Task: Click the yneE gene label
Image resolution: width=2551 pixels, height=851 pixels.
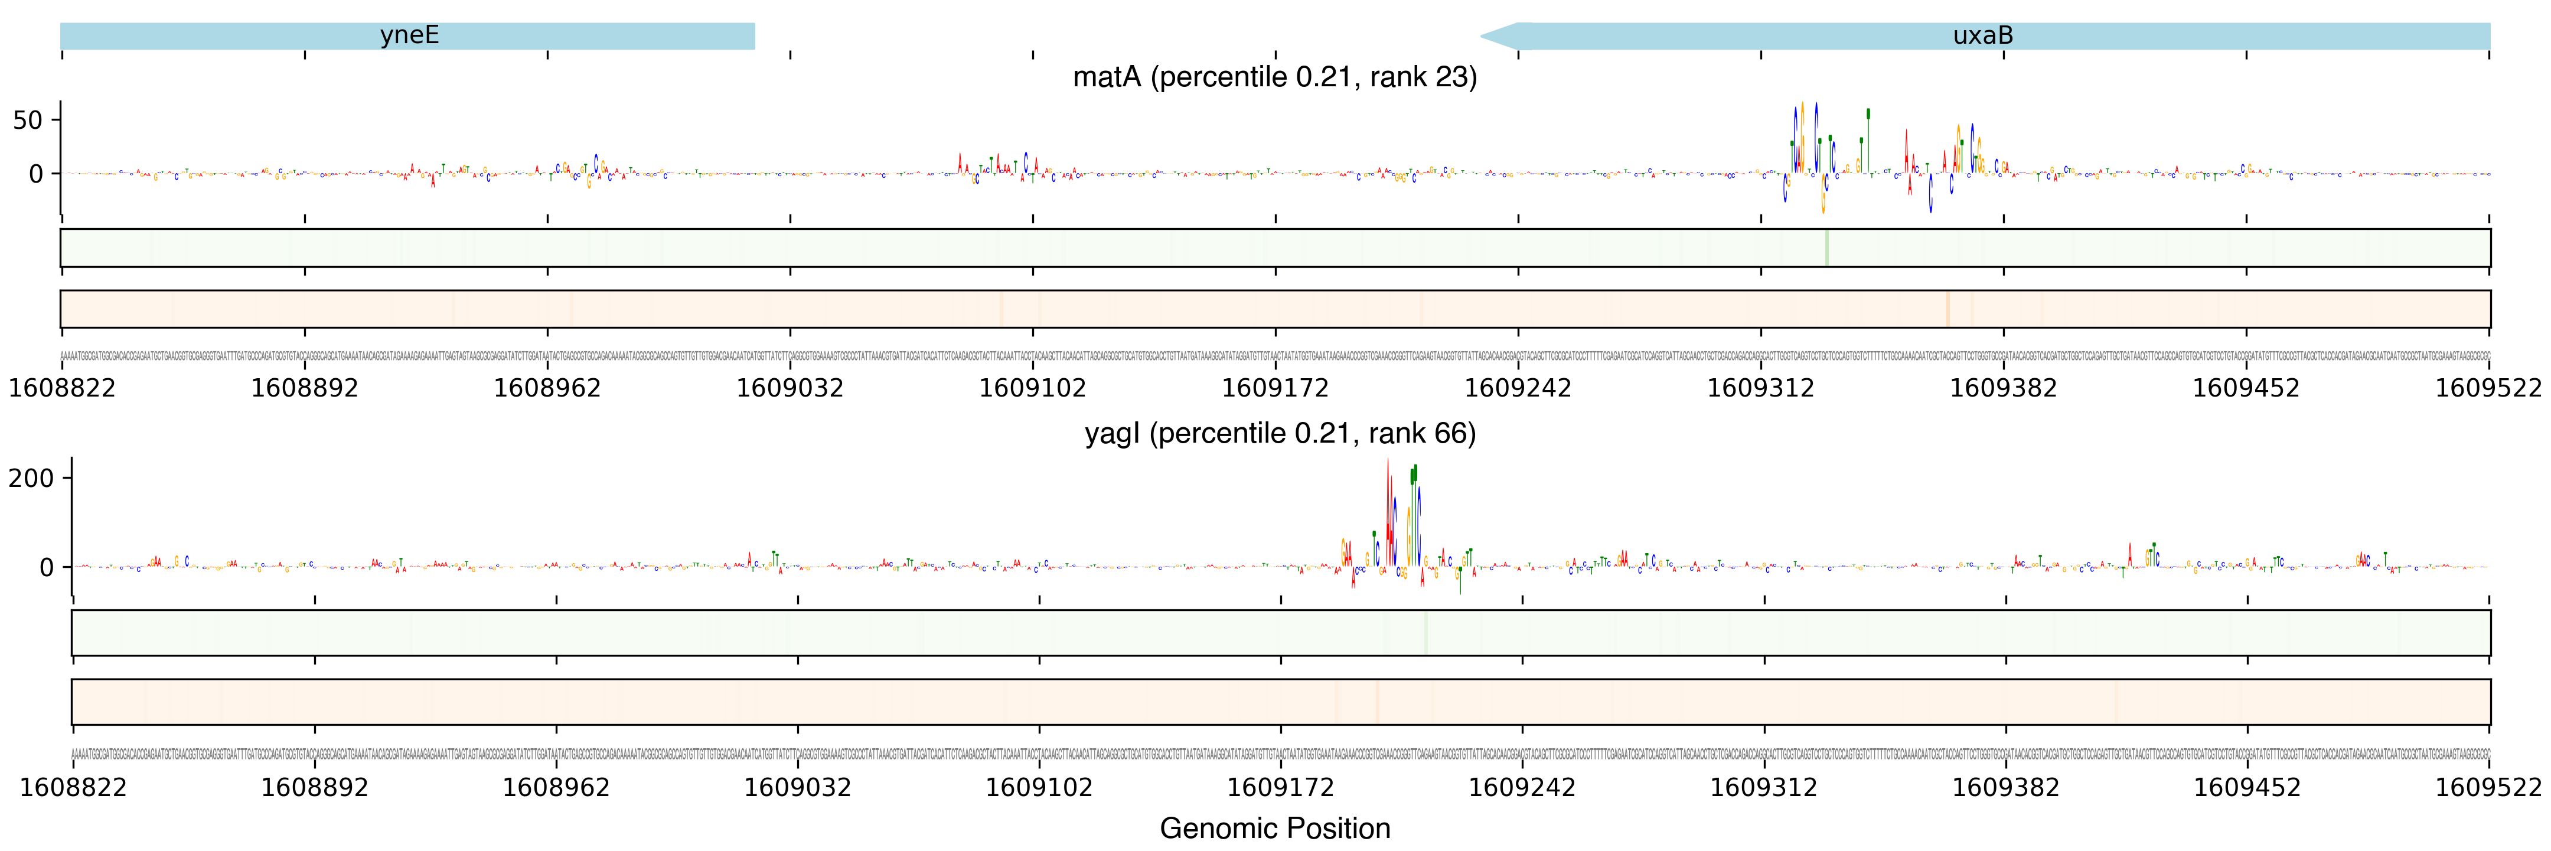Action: tap(409, 35)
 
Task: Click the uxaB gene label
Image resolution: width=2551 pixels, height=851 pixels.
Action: tap(1982, 35)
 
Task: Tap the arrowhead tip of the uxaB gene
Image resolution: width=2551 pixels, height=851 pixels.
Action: tap(1482, 37)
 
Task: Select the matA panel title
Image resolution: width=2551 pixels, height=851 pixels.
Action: tap(1274, 77)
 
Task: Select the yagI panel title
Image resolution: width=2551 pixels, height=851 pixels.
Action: tap(1280, 434)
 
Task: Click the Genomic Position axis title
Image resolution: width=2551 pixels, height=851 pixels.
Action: tap(1274, 828)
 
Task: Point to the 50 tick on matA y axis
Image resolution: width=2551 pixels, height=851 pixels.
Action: tap(28, 121)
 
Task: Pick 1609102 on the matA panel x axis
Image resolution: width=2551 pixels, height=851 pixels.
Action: tap(1033, 387)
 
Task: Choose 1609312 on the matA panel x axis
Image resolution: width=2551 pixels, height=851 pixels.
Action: tap(1761, 387)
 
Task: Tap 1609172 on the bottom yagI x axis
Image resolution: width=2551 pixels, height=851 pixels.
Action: tap(1280, 788)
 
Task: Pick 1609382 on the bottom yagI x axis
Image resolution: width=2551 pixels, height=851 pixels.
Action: tap(2005, 788)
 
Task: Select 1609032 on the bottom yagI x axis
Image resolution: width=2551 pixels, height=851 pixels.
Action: tap(797, 788)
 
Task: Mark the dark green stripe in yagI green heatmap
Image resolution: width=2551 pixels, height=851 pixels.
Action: tap(1426, 632)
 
